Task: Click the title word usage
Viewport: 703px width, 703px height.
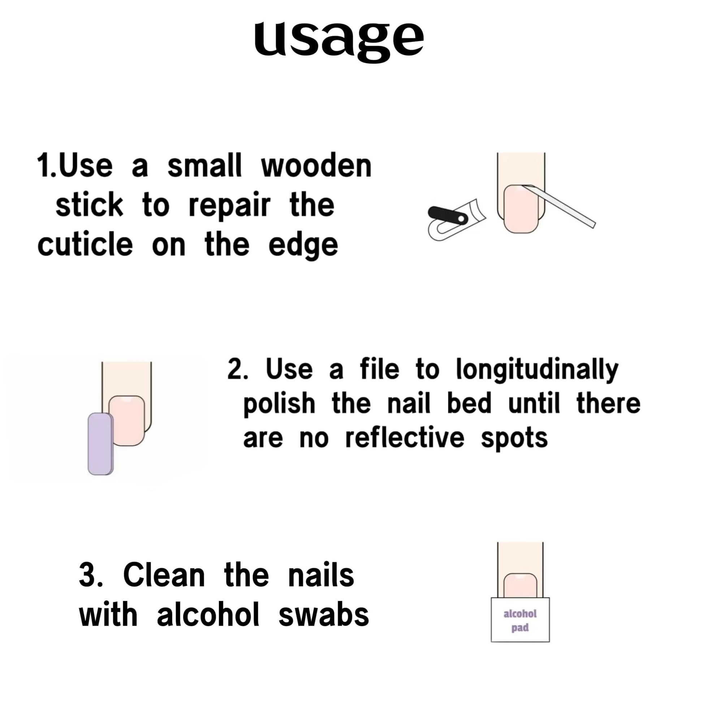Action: point(339,40)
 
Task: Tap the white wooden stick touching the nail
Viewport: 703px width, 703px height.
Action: point(559,206)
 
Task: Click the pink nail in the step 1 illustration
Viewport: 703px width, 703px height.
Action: point(521,209)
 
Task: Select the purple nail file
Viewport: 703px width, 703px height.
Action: point(100,444)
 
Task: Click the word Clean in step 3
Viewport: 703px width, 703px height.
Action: point(164,575)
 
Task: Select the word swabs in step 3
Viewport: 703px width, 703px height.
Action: point(324,615)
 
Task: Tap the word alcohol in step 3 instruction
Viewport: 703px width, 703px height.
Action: point(208,614)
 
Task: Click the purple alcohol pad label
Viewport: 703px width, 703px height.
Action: point(520,621)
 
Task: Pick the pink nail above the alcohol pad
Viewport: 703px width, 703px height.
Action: point(520,587)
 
